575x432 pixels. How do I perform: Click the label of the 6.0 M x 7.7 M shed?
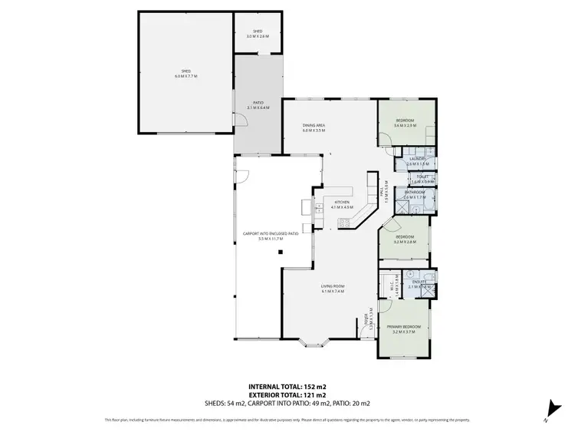pyautogui.click(x=186, y=75)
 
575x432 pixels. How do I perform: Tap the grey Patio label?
pyautogui.click(x=258, y=106)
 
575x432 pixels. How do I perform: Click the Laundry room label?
pyautogui.click(x=416, y=161)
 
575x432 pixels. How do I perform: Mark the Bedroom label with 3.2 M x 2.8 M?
pyautogui.click(x=405, y=239)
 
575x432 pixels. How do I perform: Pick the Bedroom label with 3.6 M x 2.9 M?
pyautogui.click(x=406, y=123)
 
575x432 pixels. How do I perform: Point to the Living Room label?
pyautogui.click(x=332, y=289)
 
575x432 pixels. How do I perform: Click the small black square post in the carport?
pyautogui.click(x=281, y=251)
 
